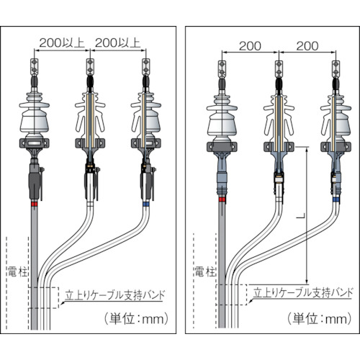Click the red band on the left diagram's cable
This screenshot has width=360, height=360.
coord(35,204)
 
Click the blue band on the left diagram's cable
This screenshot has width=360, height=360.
coord(145,204)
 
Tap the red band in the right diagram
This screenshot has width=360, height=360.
coord(222,199)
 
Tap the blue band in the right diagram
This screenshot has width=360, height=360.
coord(336,199)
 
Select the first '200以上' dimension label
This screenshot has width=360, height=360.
coord(62,43)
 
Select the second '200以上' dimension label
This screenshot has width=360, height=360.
coord(117,43)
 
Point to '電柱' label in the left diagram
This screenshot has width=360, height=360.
coord(18,271)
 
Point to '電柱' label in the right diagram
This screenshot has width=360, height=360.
coord(204,271)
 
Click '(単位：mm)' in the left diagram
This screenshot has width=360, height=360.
coord(136,319)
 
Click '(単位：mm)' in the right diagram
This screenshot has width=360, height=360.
coord(320,319)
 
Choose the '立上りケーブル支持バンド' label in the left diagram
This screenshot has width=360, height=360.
coord(115,295)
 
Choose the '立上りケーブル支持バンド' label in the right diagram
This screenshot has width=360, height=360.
coord(303,292)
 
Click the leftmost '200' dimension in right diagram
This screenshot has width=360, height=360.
coord(250,46)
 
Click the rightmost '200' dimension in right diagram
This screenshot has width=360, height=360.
coord(307,46)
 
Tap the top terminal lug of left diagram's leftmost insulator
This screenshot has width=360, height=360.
coord(35,66)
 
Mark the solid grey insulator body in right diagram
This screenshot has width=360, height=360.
coord(222,116)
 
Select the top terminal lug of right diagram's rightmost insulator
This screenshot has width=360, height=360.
coord(336,68)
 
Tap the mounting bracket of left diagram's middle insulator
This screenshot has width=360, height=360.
coord(90,143)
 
